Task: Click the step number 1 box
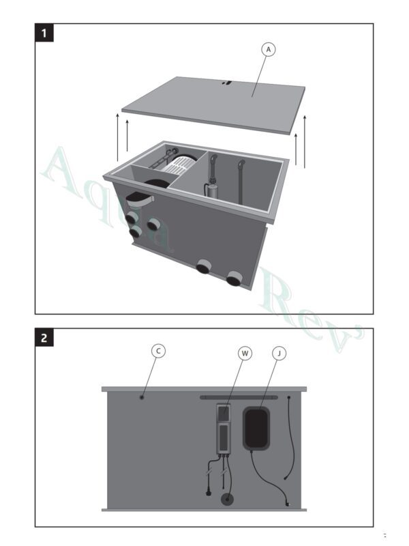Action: click(x=45, y=33)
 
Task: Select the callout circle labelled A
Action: click(x=269, y=49)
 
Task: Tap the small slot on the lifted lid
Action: click(x=228, y=84)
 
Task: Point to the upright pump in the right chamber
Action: click(x=213, y=179)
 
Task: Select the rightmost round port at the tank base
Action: click(x=234, y=278)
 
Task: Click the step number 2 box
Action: click(x=45, y=338)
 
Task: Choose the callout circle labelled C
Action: click(x=158, y=351)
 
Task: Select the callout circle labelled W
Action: click(x=245, y=353)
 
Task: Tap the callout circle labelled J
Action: click(x=279, y=353)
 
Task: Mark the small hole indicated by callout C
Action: click(x=141, y=397)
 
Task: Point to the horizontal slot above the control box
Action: click(x=238, y=396)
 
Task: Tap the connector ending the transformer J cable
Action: click(x=288, y=503)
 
